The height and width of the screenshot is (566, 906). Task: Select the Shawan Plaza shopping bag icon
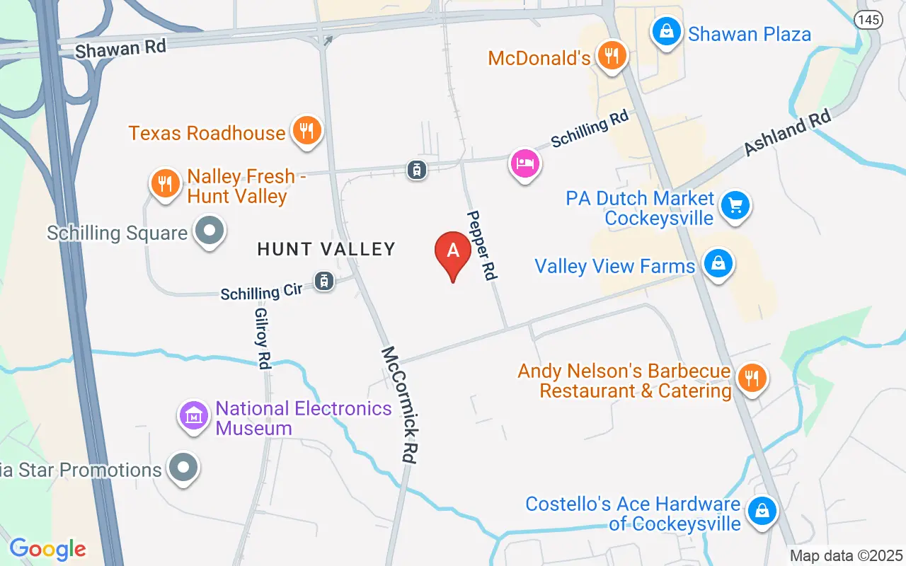[x=666, y=31]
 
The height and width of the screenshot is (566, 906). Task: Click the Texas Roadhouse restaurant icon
[x=306, y=130]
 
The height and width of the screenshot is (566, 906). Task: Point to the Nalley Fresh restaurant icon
[x=165, y=184]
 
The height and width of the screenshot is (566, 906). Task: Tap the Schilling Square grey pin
[x=210, y=231]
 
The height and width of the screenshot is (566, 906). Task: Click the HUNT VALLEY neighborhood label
[x=326, y=249]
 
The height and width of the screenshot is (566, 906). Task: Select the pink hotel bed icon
[x=524, y=164]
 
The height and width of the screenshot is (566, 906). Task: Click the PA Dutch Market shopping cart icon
[x=735, y=206]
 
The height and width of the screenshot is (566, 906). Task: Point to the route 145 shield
[x=868, y=19]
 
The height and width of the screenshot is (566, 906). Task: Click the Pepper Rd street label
[x=482, y=245]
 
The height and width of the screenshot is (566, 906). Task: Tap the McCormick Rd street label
[x=398, y=405]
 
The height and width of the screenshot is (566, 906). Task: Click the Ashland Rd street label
[x=786, y=136]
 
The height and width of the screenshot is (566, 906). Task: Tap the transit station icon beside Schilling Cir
[x=324, y=281]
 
